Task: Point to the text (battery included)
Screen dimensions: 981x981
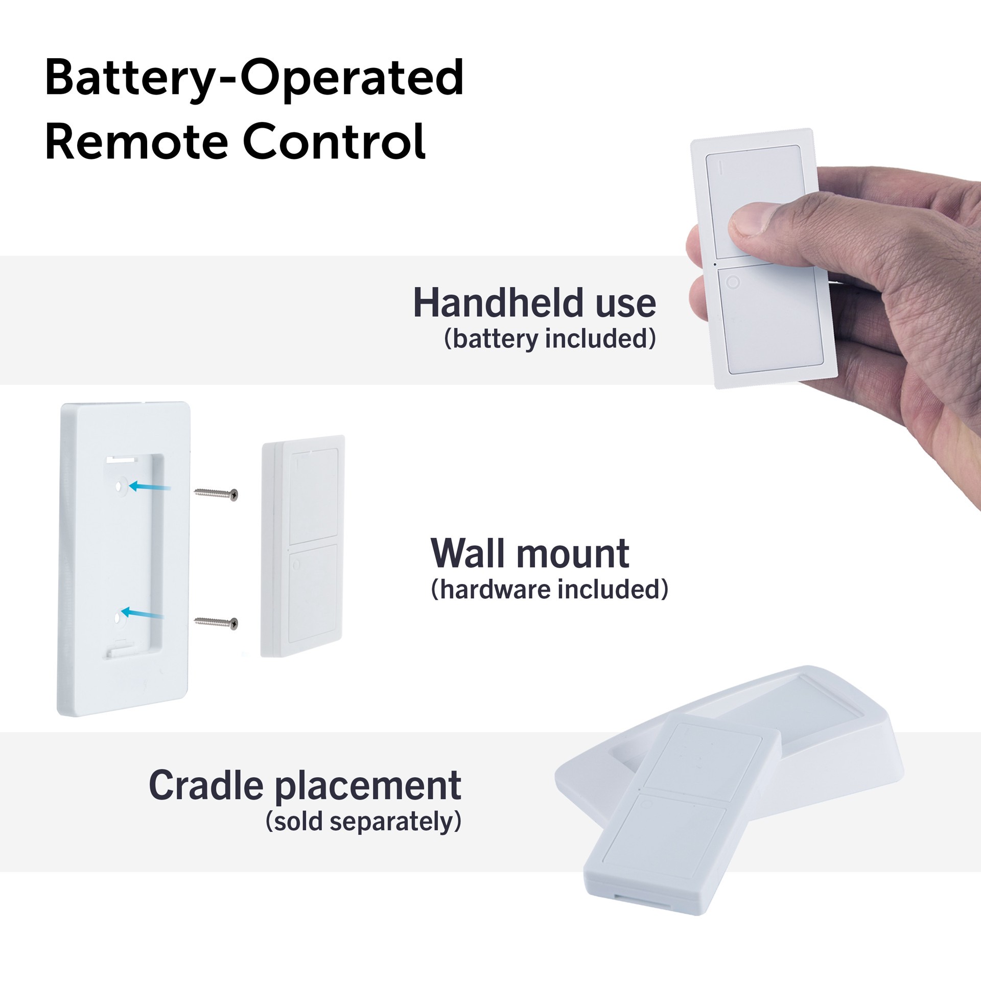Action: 550,339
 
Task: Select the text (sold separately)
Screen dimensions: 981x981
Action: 363,822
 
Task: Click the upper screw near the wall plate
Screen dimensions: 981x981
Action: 216,494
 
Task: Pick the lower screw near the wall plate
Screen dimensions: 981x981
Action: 216,622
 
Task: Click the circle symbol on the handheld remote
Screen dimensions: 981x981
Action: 733,283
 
